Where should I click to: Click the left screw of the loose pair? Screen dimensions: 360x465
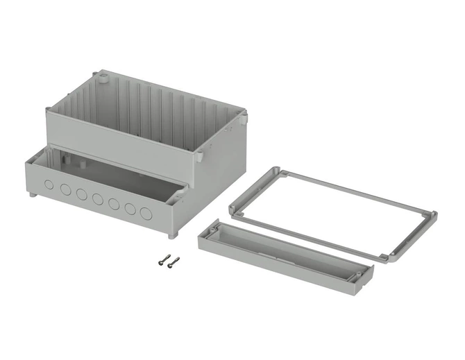(163, 260)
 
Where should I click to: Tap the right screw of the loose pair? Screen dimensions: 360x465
(173, 261)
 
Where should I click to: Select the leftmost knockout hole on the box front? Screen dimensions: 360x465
(49, 185)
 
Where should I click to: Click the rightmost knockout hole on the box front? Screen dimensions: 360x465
(146, 213)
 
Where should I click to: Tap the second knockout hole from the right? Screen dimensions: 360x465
(130, 208)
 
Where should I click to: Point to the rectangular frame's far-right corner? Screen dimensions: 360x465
(432, 216)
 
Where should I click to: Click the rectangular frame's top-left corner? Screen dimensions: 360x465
(278, 171)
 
